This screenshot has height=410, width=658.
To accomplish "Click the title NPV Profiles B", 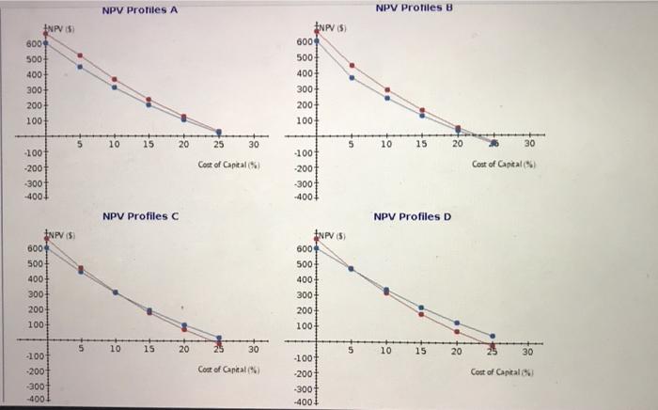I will [x=414, y=8].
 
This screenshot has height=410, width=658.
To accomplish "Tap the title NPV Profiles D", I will [x=413, y=216].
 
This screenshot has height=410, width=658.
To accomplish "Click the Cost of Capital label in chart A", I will [x=229, y=164].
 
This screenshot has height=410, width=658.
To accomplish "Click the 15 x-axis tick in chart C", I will [x=149, y=349].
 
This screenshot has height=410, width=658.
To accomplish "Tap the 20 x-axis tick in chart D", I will [x=456, y=351].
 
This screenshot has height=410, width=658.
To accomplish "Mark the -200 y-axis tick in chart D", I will [x=303, y=373].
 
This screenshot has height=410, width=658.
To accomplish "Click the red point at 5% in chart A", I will [x=80, y=55].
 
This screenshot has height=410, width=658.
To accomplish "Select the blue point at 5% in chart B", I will [x=352, y=77].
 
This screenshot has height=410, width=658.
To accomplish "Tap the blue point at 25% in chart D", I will [x=493, y=335].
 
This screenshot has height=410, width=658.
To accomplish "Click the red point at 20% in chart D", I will [x=457, y=331].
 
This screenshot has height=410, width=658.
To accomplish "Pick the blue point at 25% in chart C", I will [x=219, y=338].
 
